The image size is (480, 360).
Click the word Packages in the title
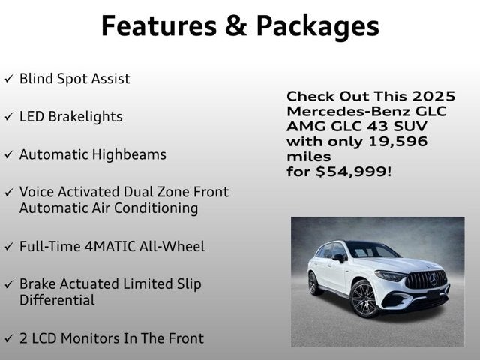click(317, 26)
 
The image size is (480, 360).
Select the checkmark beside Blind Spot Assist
click(8, 79)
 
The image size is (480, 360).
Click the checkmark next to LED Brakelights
click(8, 118)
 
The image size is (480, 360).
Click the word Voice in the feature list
click(37, 192)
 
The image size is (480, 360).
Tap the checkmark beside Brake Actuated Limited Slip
click(8, 285)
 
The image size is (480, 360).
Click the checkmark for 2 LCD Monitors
click(8, 339)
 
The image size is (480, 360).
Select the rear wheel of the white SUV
click(313, 283)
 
